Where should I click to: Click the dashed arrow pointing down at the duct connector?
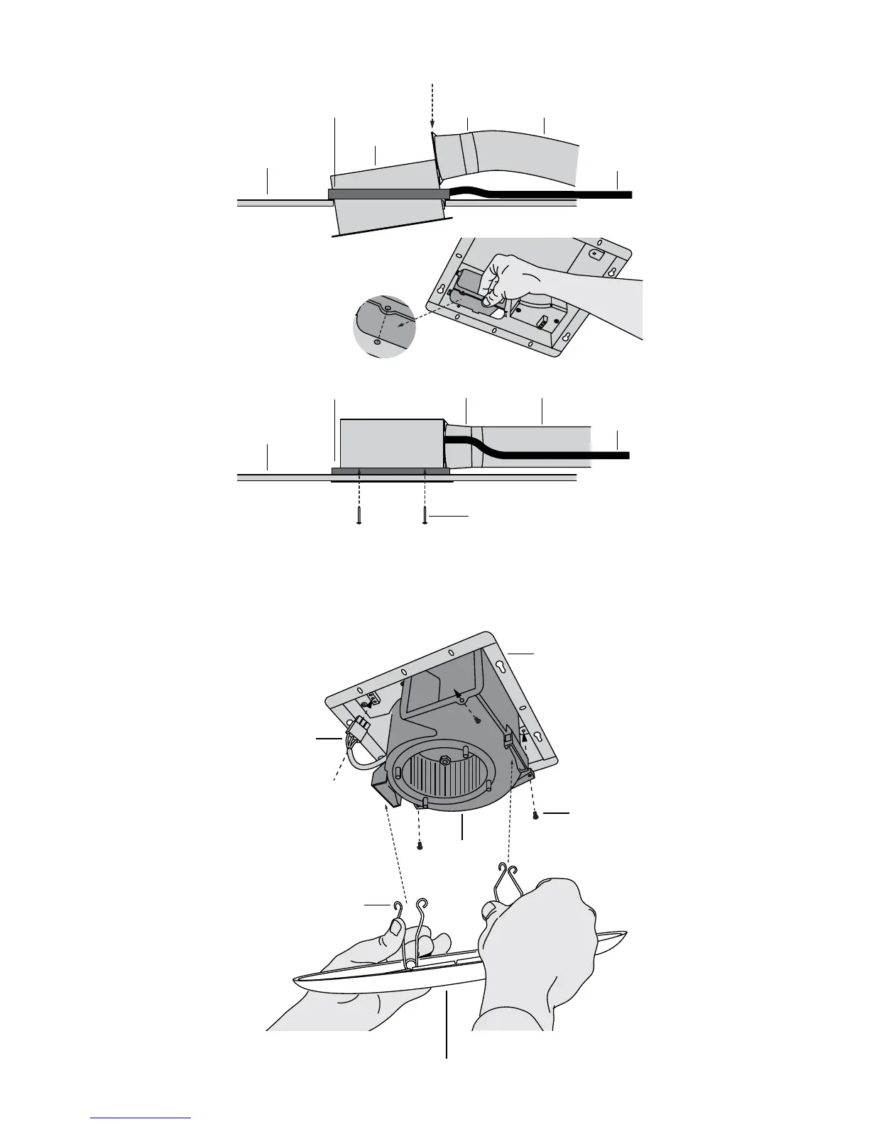point(432,106)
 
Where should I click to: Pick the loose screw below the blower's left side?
point(420,845)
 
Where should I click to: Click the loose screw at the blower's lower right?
point(537,816)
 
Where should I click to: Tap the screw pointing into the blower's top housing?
point(478,721)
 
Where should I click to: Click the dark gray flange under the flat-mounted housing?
point(390,470)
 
